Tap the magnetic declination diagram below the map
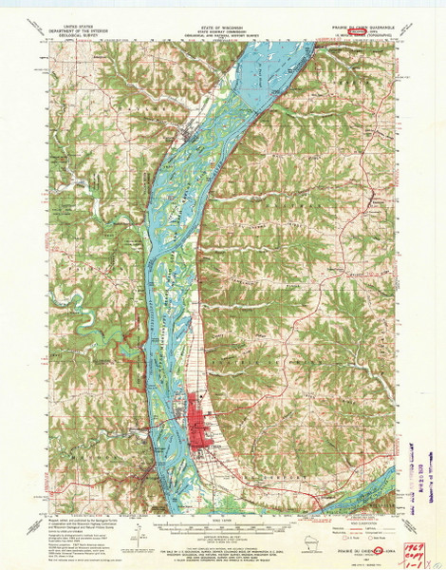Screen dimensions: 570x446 click(x=134, y=528)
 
